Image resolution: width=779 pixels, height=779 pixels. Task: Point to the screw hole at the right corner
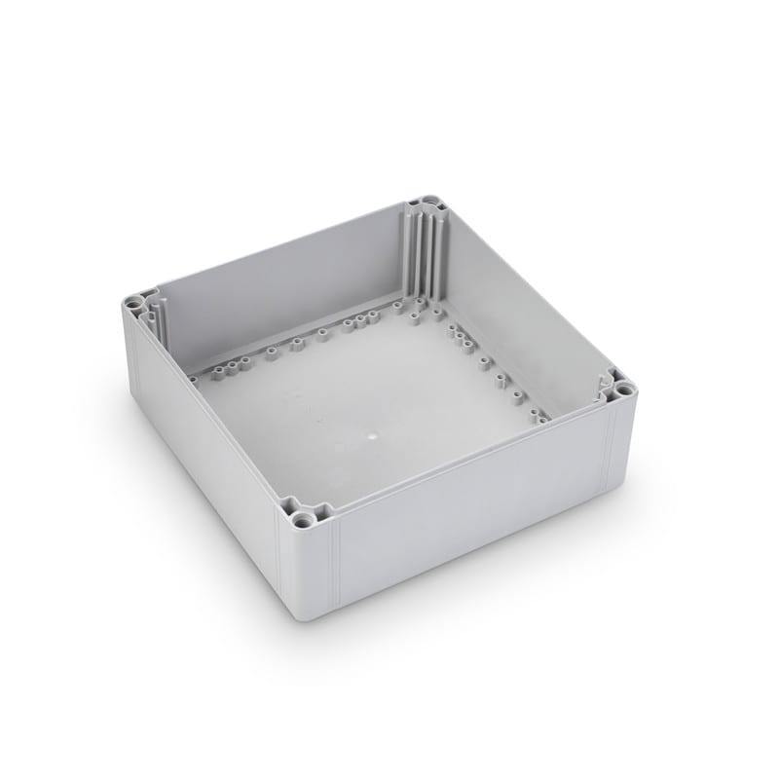[623, 389]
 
